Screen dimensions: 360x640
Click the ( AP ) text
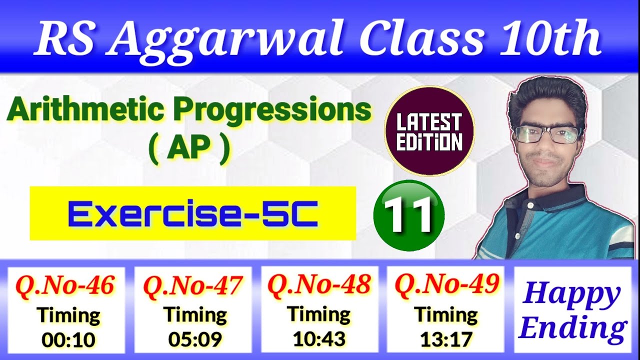189,149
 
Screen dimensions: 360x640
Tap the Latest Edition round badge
429,131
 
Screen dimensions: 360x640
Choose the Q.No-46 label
65,285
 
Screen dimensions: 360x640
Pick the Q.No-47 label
193,285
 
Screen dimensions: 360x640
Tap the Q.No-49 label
447,284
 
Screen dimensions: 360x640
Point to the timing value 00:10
68,340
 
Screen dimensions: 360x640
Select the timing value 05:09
195,340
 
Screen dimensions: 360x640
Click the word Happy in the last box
569,295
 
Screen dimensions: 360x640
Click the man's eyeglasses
547,134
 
